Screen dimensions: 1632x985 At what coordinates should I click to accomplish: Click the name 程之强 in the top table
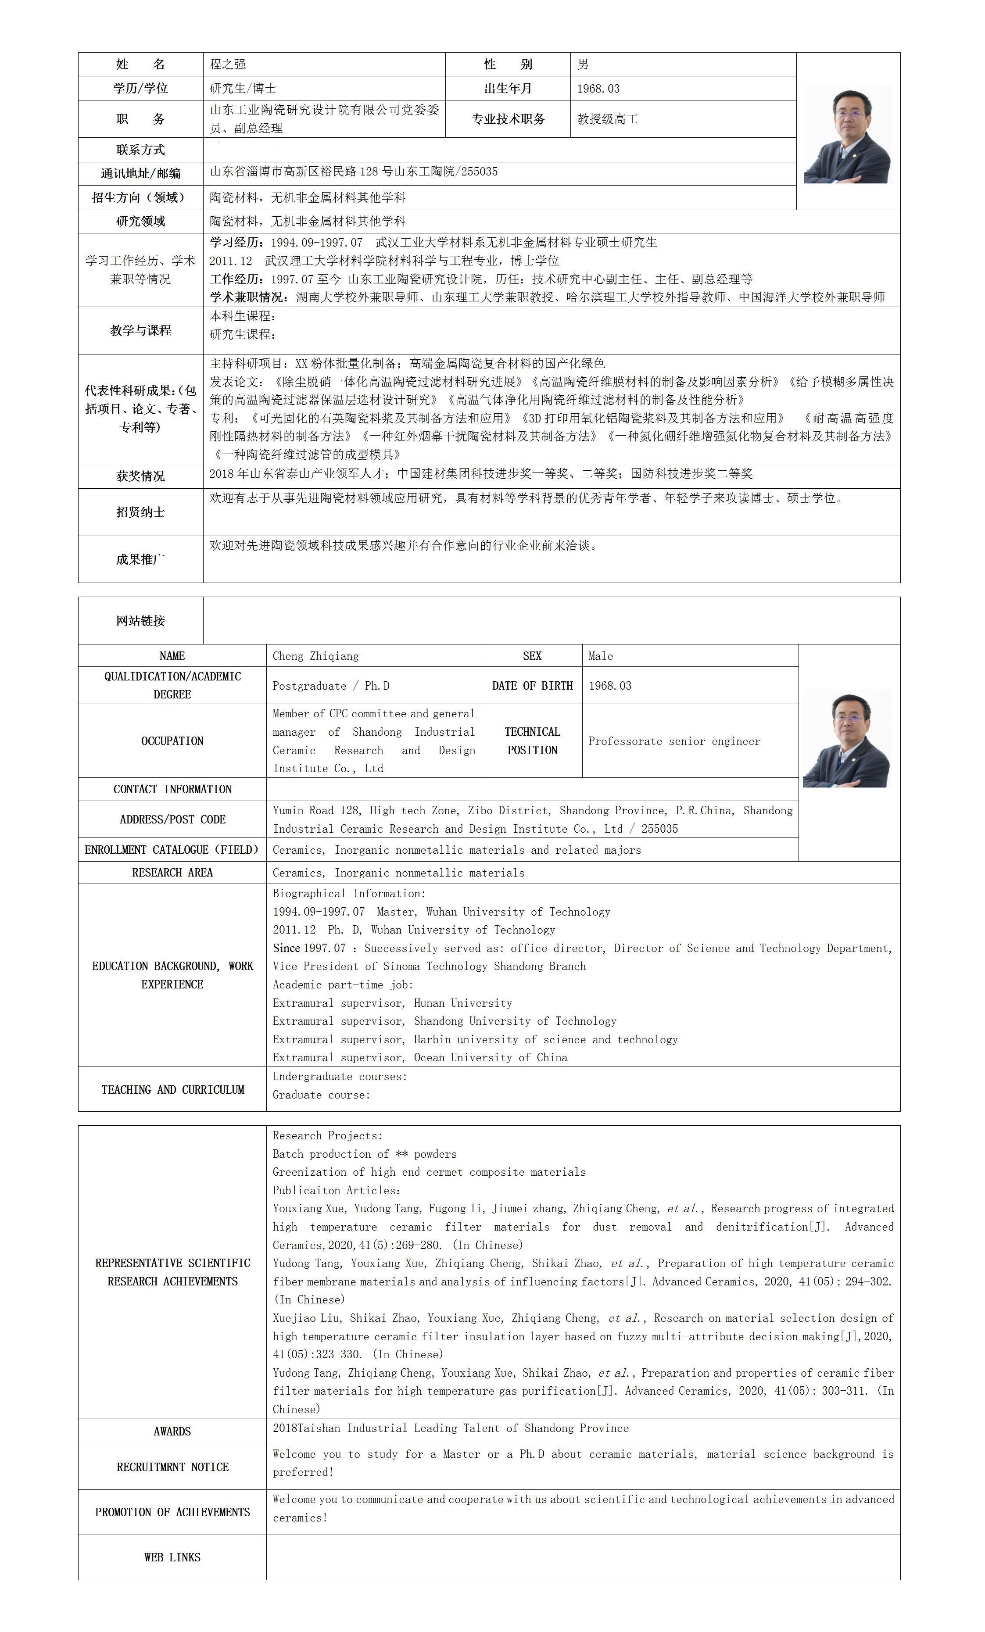[x=227, y=64]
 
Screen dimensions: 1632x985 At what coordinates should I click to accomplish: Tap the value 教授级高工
[x=607, y=119]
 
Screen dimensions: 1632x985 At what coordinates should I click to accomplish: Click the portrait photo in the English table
[x=846, y=738]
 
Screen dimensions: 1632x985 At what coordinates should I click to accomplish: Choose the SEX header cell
[x=532, y=656]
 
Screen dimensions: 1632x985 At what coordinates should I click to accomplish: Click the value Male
[x=601, y=656]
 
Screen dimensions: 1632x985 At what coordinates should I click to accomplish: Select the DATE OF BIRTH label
[x=532, y=686]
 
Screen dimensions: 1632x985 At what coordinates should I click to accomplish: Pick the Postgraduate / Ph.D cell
[x=331, y=686]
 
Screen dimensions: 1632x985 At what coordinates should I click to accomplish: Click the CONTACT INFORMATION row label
[x=172, y=789]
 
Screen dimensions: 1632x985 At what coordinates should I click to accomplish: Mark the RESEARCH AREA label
[x=172, y=872]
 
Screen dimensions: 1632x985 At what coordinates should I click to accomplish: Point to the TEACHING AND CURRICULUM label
[x=172, y=1090]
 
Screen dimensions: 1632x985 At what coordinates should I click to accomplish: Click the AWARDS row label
[x=172, y=1432]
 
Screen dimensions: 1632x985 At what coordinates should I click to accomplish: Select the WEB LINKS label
[x=172, y=1557]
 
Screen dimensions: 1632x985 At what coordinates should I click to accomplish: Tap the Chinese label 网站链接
[x=140, y=621]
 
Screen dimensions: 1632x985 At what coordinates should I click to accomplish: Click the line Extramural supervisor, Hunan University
[x=392, y=1003]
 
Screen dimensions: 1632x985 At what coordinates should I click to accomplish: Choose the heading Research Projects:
[x=327, y=1135]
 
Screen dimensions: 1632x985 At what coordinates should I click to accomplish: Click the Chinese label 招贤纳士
[x=140, y=512]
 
